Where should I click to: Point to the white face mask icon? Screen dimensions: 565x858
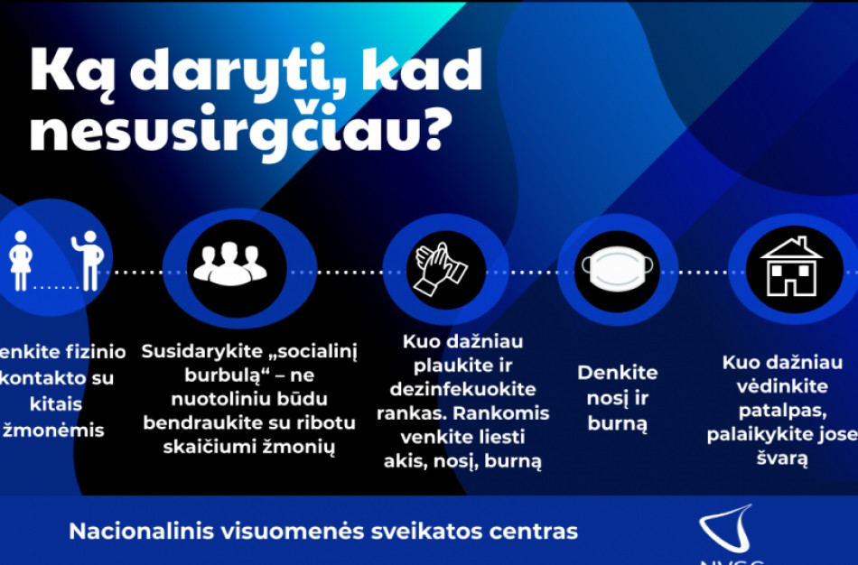618,268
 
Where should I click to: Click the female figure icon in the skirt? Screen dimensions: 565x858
20,260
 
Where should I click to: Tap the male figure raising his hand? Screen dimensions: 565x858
88,260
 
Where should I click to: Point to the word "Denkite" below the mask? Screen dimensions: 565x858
618,373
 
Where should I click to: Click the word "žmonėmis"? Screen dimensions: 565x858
54,430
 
